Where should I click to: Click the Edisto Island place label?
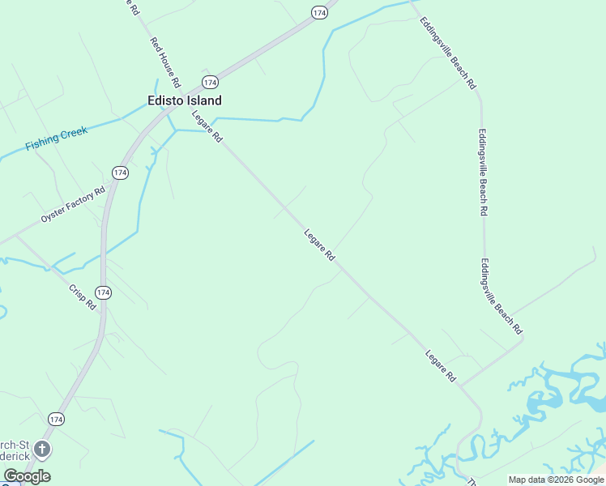184,100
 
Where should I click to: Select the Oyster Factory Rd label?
74,206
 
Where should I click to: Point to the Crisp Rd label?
83,296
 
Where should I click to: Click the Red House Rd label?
165,62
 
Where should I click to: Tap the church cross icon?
42,449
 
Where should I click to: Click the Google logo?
27,476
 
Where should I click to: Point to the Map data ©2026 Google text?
556,480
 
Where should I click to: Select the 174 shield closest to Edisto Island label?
210,83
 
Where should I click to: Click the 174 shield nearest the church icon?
56,419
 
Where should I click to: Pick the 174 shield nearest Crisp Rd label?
102,292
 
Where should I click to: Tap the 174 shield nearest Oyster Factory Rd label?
120,173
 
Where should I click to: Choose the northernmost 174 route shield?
319,12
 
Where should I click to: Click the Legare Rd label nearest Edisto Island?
207,126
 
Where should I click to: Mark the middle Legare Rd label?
319,245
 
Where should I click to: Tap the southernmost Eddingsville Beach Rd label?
501,297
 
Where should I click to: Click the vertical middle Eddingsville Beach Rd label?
483,172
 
